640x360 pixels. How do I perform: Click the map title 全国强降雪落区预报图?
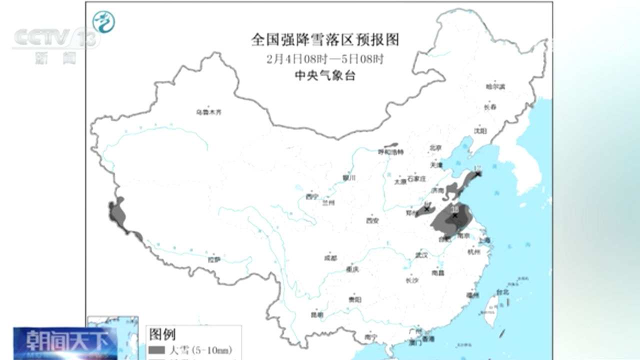(325, 40)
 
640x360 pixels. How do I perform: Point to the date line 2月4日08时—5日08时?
(325, 59)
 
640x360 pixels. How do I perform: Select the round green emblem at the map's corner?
(103, 22)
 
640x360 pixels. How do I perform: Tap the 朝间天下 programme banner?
(65, 342)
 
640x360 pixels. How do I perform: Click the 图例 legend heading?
(162, 333)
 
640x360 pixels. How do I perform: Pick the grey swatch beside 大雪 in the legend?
(156, 349)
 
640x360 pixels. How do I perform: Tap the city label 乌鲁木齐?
(208, 112)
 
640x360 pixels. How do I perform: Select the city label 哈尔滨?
(495, 86)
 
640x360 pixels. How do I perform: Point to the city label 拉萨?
(214, 259)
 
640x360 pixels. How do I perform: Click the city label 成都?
(330, 258)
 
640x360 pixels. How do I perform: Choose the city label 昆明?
(317, 315)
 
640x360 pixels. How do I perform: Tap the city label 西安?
(372, 220)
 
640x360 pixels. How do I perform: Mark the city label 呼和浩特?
(390, 151)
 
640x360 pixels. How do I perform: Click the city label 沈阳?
(480, 131)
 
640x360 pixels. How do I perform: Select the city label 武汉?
(421, 255)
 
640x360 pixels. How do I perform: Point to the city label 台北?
(502, 292)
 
